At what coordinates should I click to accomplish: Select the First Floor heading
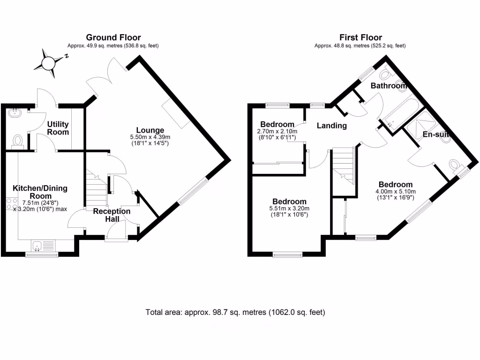(x=360, y=37)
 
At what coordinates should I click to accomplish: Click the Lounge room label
(x=150, y=130)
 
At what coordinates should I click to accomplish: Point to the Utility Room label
(x=58, y=128)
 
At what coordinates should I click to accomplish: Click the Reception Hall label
(x=112, y=215)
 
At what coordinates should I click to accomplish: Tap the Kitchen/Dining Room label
(x=40, y=192)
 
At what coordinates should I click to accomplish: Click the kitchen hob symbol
(x=10, y=204)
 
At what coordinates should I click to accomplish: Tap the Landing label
(x=331, y=126)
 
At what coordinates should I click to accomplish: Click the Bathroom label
(x=388, y=86)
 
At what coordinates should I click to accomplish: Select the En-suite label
(x=436, y=135)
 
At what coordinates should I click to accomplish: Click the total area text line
(x=235, y=312)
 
